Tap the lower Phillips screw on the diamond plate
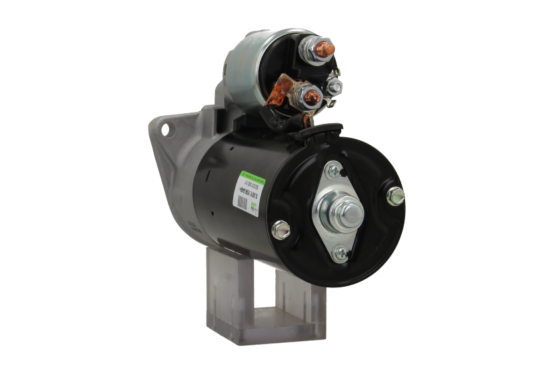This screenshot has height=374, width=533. [341, 251]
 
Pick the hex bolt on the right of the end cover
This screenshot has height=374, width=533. [395, 195]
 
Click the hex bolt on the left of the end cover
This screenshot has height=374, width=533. [282, 229]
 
